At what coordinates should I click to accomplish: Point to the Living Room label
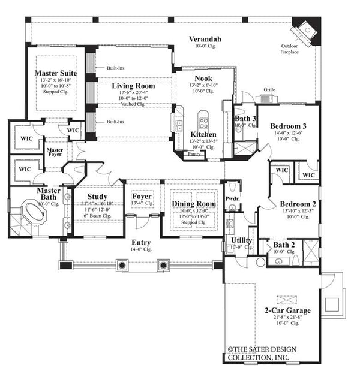coord(133,86)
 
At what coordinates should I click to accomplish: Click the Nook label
coord(203,79)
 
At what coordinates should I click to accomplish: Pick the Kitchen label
coord(203,134)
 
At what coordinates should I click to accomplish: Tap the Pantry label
coord(194,154)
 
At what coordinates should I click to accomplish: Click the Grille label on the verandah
coord(269,91)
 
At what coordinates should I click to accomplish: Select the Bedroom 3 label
coord(288,126)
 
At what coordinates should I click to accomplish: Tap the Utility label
coord(242,240)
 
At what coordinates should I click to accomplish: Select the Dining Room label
coord(193,204)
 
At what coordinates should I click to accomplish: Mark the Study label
coord(97,196)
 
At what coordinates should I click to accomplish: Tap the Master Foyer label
coord(55,153)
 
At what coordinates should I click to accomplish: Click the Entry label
coord(142,242)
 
